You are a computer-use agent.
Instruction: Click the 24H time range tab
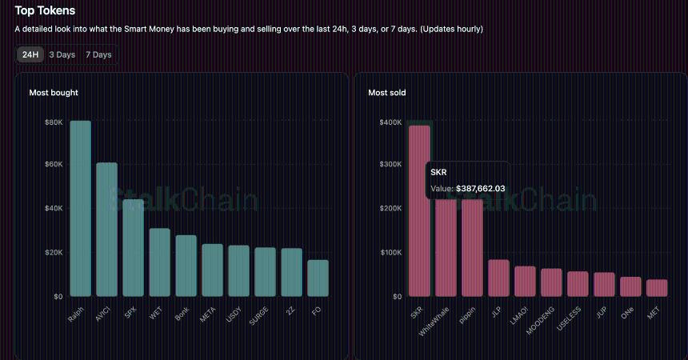pos(30,54)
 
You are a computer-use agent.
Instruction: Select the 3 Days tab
pos(62,54)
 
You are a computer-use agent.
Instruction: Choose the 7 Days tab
pos(98,54)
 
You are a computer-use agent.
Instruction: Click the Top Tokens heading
pos(45,11)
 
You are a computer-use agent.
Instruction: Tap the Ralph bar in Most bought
pos(80,208)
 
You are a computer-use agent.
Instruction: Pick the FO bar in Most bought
pos(318,278)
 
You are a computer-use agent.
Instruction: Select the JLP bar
pos(498,278)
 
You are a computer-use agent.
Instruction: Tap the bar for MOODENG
pos(551,282)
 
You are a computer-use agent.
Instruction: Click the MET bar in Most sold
pos(657,287)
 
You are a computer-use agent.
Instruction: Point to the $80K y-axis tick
pos(54,122)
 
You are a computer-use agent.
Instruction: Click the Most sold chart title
pos(386,93)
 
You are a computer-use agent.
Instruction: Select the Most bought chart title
pos(54,93)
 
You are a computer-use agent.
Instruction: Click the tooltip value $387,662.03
pos(480,188)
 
